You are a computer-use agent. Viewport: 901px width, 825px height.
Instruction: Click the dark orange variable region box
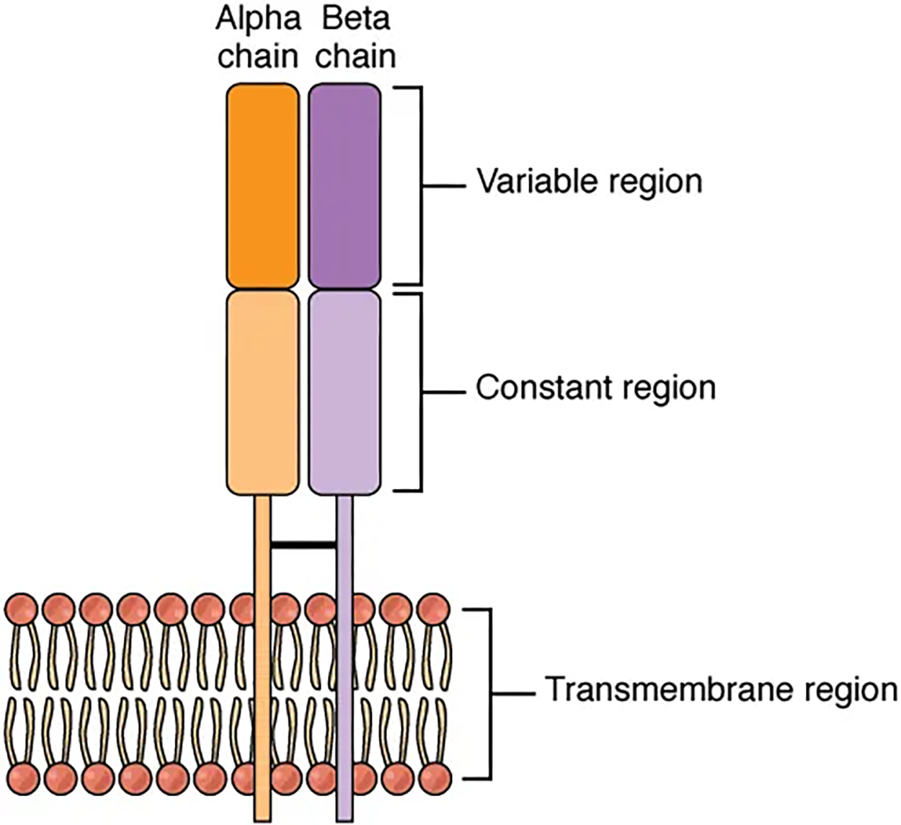262,186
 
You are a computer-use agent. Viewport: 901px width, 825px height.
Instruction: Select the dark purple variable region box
345,186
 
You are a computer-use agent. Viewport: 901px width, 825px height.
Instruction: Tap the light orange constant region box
262,392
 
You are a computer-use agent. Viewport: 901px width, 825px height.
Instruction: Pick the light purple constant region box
345,392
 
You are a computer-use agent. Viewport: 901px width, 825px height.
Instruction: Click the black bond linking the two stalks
303,545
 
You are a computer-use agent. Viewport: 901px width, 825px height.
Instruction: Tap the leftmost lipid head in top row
21,609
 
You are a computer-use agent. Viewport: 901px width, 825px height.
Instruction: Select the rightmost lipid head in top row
433,609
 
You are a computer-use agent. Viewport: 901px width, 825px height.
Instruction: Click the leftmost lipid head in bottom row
21,779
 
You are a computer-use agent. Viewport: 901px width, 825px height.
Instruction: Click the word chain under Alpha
257,56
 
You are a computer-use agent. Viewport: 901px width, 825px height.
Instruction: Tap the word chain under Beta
356,56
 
